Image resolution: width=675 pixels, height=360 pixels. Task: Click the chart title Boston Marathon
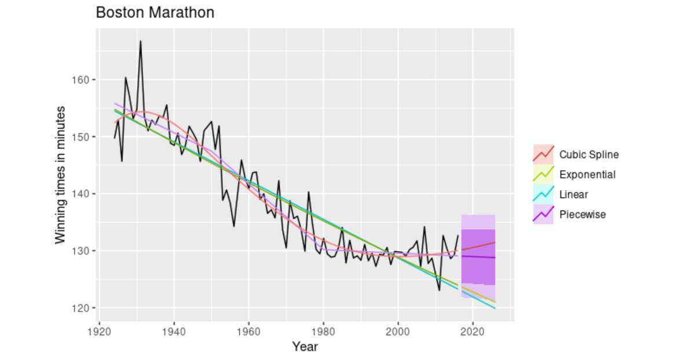coord(155,12)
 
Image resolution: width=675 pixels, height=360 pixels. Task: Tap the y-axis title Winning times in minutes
coord(60,174)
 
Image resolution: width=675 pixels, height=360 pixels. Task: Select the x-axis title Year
coord(305,347)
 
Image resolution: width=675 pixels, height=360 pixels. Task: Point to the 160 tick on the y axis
coord(85,80)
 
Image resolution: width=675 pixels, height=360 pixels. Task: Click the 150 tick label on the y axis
coord(85,137)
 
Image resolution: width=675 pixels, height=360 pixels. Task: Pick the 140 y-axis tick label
coord(85,194)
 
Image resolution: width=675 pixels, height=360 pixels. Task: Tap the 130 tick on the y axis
coord(85,251)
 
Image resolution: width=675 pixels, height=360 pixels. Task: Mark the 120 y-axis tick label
coord(85,308)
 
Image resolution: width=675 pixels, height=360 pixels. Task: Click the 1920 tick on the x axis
coord(100,332)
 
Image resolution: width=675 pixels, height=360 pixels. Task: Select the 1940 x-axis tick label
coord(174,332)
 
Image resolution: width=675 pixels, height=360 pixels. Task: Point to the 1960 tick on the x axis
coord(249,332)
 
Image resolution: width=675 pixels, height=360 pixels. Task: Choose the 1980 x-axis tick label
coord(324,332)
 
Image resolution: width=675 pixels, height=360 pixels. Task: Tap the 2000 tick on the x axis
coord(398,332)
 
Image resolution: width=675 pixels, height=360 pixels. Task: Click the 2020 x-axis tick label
coord(473,332)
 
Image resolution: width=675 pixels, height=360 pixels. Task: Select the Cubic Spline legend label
coord(589,155)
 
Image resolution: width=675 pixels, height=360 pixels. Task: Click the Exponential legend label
coord(587,175)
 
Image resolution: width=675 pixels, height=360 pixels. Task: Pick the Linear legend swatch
coord(543,194)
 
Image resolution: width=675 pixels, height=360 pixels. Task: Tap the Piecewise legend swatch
coord(543,215)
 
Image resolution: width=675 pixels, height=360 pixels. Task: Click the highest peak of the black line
coord(141,41)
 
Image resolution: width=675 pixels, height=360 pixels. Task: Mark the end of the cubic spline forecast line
coord(495,243)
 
